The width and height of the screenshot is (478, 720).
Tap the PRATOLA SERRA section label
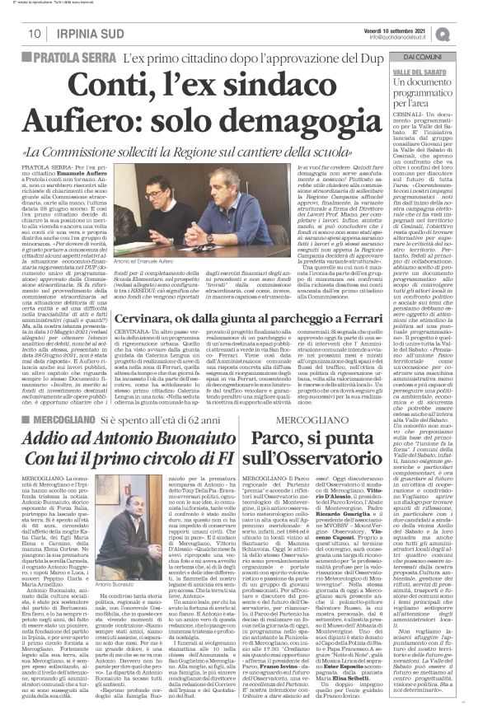pyautogui.click(x=78, y=58)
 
